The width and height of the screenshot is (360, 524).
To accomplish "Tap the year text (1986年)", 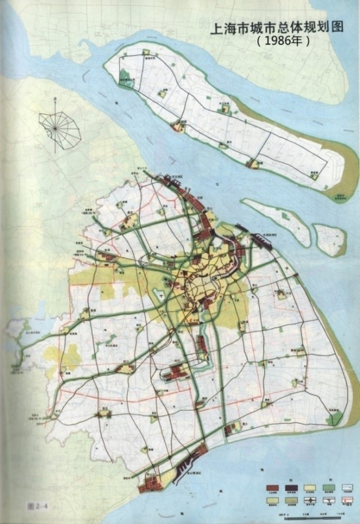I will tap(283, 41).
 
